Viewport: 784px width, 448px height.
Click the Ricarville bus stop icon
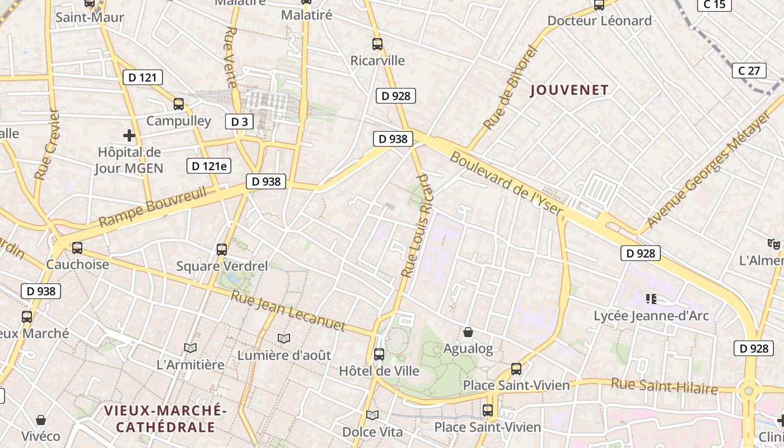(377, 44)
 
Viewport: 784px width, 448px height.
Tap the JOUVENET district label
(569, 90)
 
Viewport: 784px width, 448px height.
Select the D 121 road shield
(142, 77)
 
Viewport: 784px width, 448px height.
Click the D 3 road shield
(240, 122)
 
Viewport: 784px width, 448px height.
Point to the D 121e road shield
(209, 166)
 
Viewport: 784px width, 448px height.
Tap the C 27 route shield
(749, 71)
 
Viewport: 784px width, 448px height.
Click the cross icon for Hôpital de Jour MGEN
(129, 135)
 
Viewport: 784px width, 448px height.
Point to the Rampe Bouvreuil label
(152, 207)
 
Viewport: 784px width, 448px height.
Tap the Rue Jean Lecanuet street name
(288, 311)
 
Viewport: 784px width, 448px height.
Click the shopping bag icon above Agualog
(468, 332)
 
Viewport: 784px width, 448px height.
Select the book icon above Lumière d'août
(284, 338)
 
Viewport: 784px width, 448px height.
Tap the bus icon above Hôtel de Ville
(379, 354)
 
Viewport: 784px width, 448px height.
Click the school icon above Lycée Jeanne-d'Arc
(651, 298)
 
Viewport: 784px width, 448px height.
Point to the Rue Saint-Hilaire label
(664, 386)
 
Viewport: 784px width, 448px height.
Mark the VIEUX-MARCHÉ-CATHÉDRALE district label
(165, 419)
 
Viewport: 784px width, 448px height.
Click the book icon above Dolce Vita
(372, 415)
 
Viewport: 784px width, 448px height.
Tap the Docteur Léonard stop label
(599, 21)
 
